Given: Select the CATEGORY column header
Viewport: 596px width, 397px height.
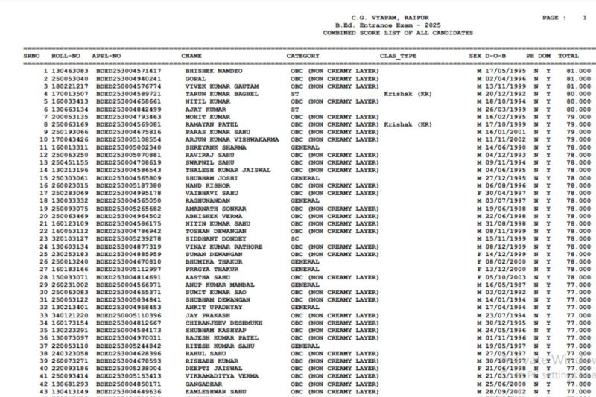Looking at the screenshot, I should [302, 56].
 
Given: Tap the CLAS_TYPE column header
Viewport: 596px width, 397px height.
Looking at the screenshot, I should [399, 56].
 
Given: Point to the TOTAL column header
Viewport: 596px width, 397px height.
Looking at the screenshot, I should [568, 56].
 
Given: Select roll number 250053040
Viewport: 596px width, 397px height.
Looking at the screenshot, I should [70, 78].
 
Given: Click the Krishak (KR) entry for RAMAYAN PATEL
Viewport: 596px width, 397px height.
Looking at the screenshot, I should [408, 124].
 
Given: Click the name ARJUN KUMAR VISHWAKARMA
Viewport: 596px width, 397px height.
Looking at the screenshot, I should [232, 139].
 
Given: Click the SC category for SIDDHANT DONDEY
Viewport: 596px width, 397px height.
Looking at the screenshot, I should [294, 238].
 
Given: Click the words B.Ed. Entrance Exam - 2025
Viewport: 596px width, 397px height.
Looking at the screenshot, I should [381, 25].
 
